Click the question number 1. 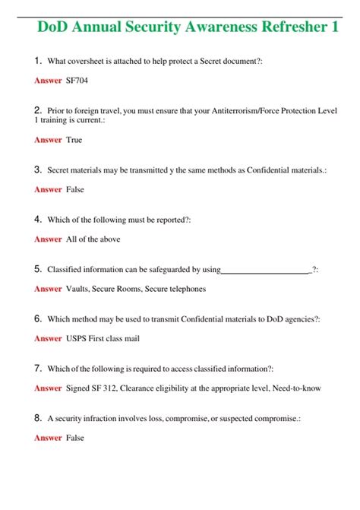coord(38,60)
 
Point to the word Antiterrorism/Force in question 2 coord(242,110)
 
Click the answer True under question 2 coord(74,140)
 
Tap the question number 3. coord(38,170)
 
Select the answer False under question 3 coord(75,189)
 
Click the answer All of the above coord(93,239)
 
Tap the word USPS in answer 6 coord(77,338)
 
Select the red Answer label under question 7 coord(48,388)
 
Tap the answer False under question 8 coord(75,437)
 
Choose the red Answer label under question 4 coord(48,239)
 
